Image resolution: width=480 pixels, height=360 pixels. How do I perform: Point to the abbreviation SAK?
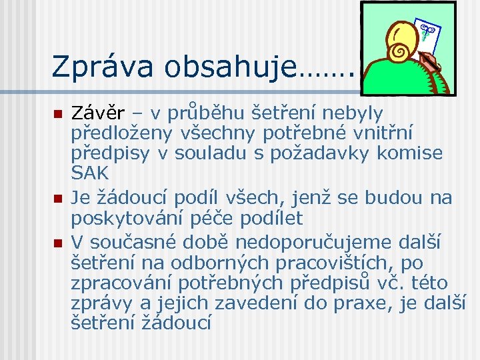(90, 173)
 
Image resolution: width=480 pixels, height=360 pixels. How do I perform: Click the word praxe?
(376, 303)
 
